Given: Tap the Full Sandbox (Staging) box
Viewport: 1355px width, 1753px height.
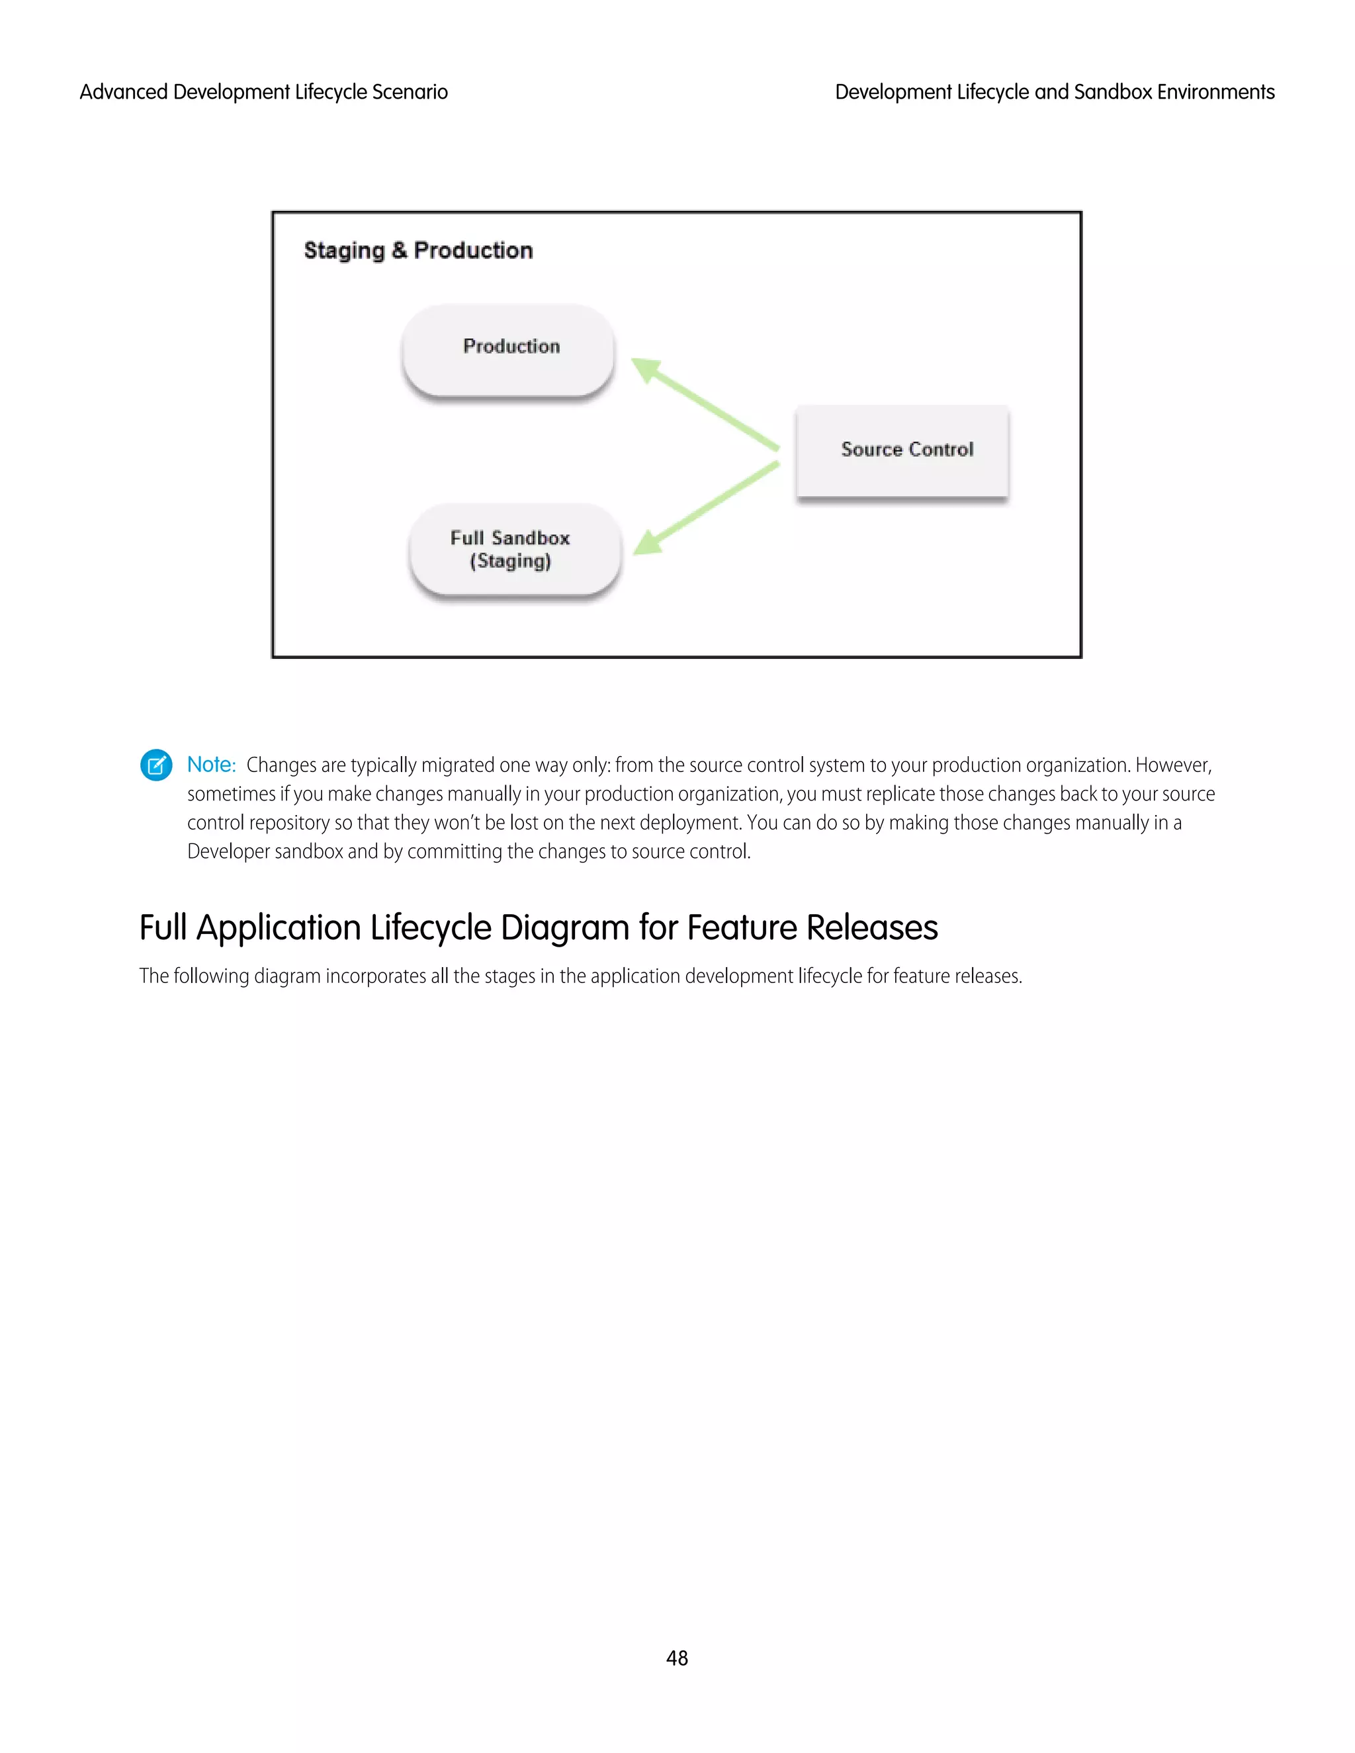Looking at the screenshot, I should coord(513,549).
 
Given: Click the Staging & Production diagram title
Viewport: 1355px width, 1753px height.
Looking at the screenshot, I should coord(418,251).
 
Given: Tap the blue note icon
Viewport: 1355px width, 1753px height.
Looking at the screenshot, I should coord(155,765).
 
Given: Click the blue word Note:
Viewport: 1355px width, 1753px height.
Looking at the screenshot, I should coord(211,765).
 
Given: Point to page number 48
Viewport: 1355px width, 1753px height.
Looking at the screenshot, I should coord(677,1658).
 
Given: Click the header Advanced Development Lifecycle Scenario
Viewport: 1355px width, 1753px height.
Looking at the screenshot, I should coord(263,93).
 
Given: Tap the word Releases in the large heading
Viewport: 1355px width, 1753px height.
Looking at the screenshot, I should coord(872,928).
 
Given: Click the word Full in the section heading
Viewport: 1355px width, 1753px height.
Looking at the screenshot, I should coord(163,928).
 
